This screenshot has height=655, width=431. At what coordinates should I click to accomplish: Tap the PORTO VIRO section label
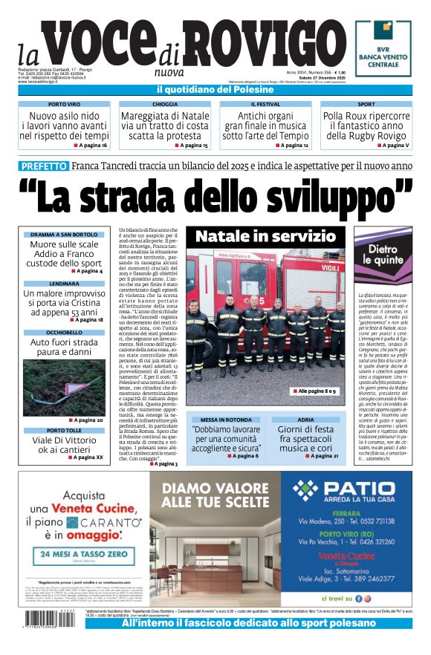(64, 105)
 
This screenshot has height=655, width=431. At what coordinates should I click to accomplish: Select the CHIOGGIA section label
(165, 105)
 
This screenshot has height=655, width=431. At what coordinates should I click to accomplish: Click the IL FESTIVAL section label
(265, 105)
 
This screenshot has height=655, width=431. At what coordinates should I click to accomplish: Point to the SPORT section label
(366, 105)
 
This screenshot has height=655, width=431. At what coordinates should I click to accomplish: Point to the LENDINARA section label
(64, 284)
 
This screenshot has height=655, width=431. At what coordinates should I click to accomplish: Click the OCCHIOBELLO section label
(64, 332)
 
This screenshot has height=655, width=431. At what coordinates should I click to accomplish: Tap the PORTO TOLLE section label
(64, 430)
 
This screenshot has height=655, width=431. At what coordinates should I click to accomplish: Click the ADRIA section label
(306, 420)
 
